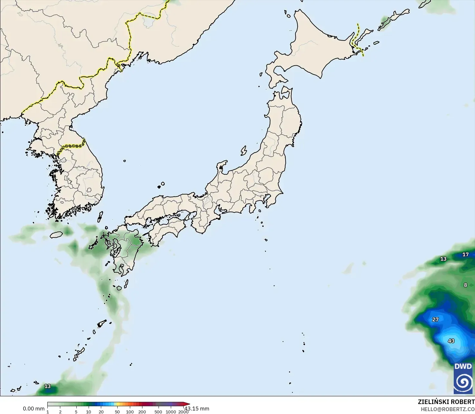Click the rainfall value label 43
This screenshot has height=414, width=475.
pyautogui.click(x=451, y=341)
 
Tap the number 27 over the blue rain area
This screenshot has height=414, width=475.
pyautogui.click(x=435, y=319)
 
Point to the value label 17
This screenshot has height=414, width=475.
pyautogui.click(x=465, y=254)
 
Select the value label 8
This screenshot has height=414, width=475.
pyautogui.click(x=465, y=285)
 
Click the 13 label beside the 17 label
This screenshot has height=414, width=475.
pyautogui.click(x=443, y=259)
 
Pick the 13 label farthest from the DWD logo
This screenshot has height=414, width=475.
pyautogui.click(x=47, y=386)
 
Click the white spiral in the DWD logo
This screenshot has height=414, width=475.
pyautogui.click(x=463, y=382)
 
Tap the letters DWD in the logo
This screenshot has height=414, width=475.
pyautogui.click(x=463, y=366)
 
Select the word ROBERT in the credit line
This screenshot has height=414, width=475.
pyautogui.click(x=463, y=402)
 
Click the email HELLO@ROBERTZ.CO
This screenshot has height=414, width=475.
pyautogui.click(x=448, y=409)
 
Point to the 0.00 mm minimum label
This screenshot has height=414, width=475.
pyautogui.click(x=34, y=409)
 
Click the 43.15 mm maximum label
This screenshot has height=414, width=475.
pyautogui.click(x=197, y=409)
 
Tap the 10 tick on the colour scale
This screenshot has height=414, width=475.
pyautogui.click(x=89, y=412)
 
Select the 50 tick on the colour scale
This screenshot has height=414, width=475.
pyautogui.click(x=117, y=412)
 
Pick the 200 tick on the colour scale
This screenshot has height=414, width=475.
pyautogui.click(x=142, y=412)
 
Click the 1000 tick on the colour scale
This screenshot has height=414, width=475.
pyautogui.click(x=171, y=412)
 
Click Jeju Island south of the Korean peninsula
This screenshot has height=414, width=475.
pyautogui.click(x=56, y=235)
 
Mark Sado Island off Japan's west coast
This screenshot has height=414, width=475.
pyautogui.click(x=244, y=150)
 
